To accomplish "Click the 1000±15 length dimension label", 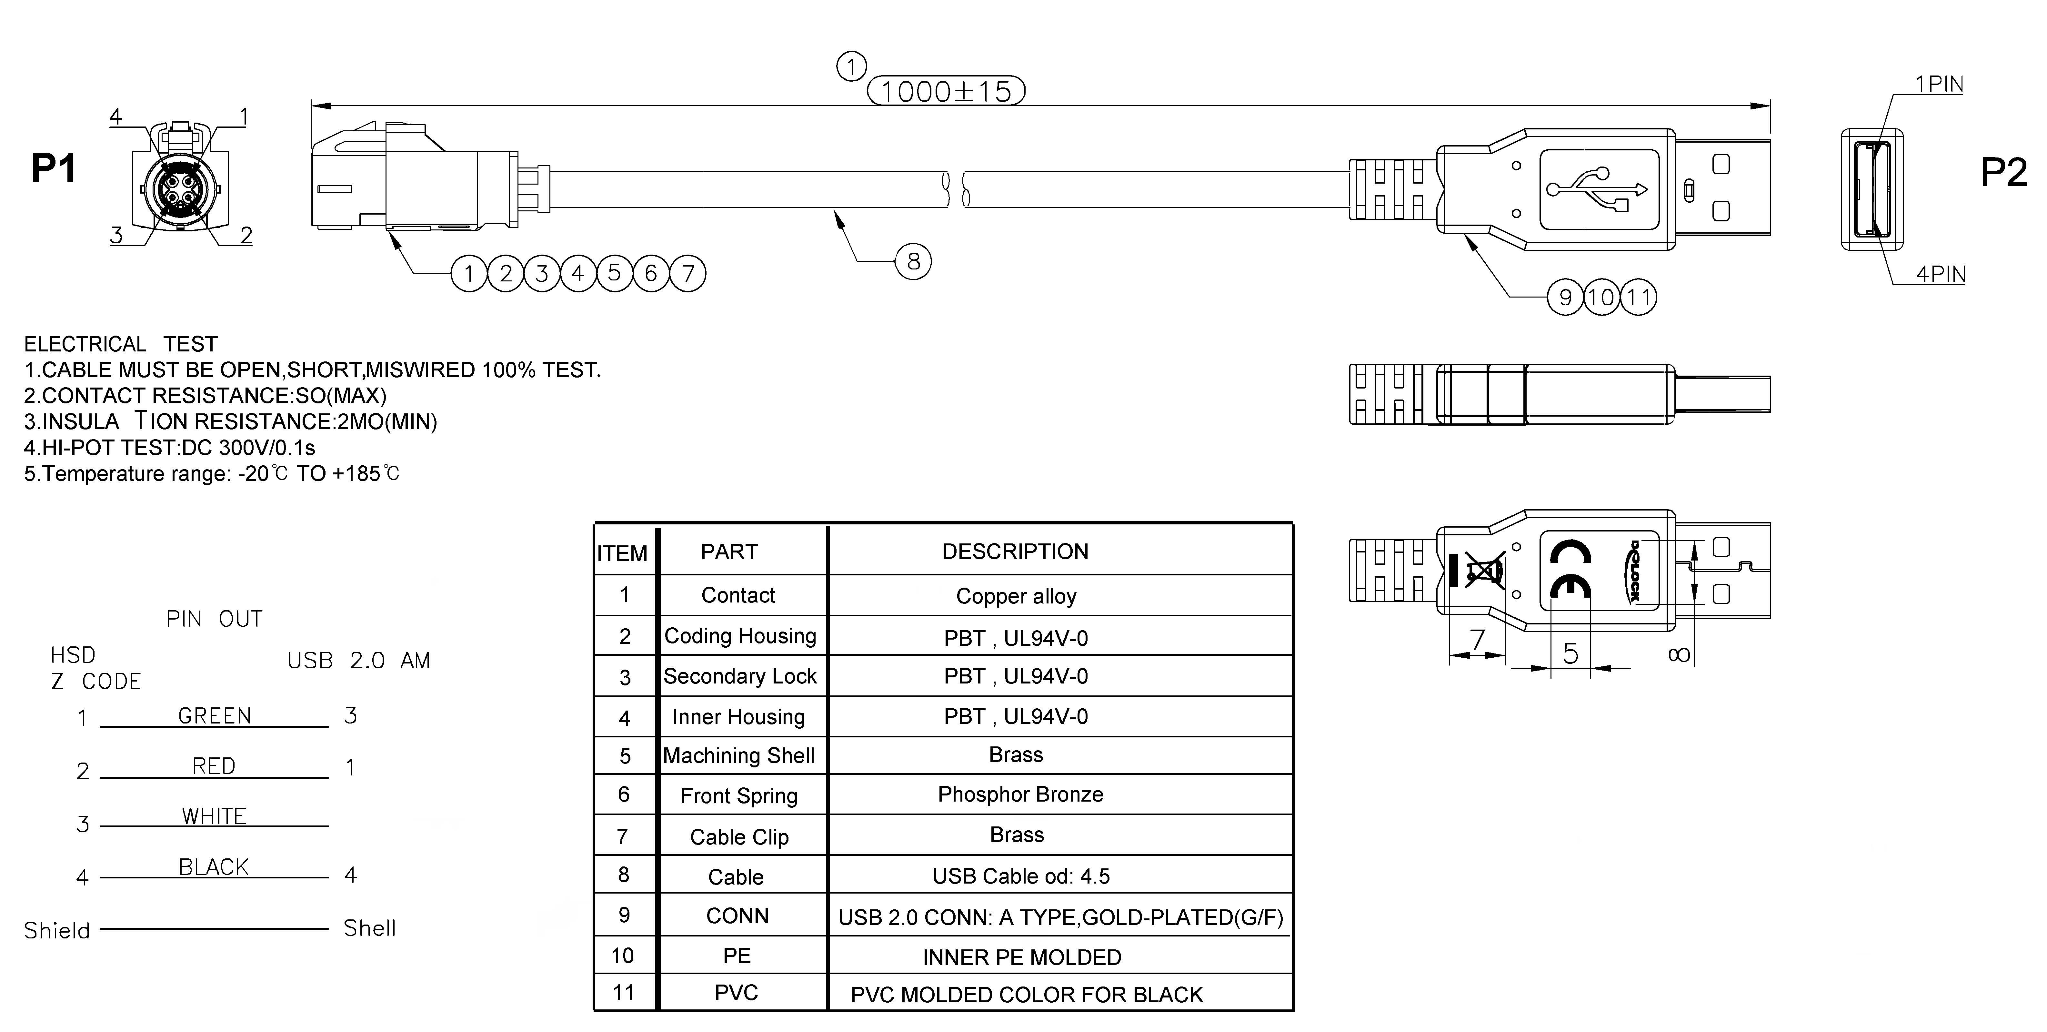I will (946, 91).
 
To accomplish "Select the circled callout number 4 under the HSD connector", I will (578, 274).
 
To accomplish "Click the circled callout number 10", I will (1601, 297).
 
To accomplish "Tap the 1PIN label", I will (1939, 84).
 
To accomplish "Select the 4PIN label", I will (1940, 274).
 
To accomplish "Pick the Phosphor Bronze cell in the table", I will (1020, 794).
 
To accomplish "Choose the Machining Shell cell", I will (739, 755).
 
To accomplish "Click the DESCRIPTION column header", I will (1015, 551).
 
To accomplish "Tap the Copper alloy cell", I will (1016, 596).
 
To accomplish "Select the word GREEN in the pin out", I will (215, 715).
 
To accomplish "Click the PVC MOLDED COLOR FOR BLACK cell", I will (1027, 995).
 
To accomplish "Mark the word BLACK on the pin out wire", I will (214, 867).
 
